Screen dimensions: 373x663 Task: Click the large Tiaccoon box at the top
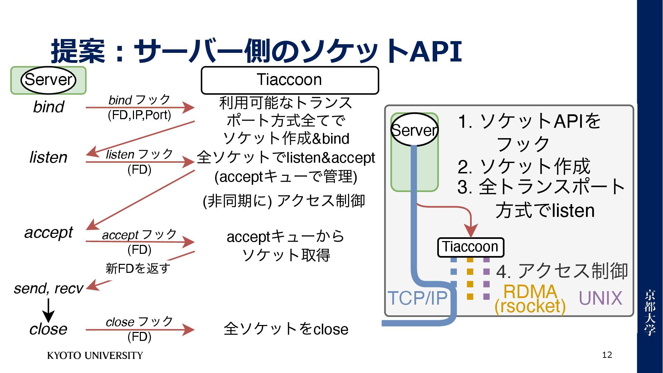click(x=290, y=80)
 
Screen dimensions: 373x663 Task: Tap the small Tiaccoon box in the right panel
click(x=470, y=247)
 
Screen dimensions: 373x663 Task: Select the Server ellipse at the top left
click(x=48, y=80)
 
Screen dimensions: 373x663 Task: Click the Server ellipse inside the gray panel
click(x=414, y=130)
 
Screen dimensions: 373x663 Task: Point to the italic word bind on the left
click(x=49, y=107)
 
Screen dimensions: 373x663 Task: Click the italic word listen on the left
click(x=48, y=157)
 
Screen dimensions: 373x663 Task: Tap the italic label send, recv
click(x=48, y=288)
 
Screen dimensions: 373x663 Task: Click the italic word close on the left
click(x=48, y=329)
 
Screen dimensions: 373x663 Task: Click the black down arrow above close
click(x=48, y=310)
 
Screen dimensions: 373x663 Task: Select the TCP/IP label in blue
click(x=417, y=298)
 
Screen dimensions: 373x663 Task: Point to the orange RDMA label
click(x=530, y=292)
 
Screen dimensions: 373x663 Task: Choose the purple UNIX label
click(x=600, y=298)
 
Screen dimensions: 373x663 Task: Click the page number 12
click(x=607, y=355)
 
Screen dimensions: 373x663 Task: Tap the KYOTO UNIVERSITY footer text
click(x=95, y=355)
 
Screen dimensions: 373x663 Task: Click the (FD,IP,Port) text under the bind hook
click(x=140, y=115)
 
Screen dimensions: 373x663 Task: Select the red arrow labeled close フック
click(x=140, y=329)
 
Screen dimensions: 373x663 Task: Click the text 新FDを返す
click(x=138, y=268)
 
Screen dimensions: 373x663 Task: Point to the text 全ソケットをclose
click(x=286, y=329)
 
